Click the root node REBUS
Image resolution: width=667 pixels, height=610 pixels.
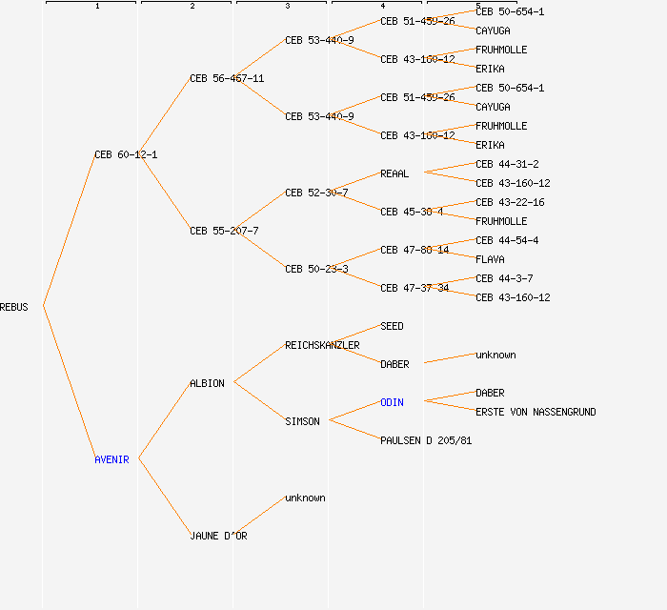pyautogui.click(x=14, y=307)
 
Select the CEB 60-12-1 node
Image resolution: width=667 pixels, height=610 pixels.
pyautogui.click(x=126, y=154)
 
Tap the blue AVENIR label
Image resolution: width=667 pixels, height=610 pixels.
pyautogui.click(x=111, y=459)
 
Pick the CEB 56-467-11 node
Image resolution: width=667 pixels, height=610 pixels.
pyautogui.click(x=227, y=78)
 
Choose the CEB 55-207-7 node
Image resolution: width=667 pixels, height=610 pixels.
pyautogui.click(x=224, y=231)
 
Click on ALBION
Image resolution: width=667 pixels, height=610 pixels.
pyautogui.click(x=207, y=383)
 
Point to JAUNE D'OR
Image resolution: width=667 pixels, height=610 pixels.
pyautogui.click(x=218, y=536)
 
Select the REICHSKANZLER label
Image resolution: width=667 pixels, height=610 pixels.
pyautogui.click(x=322, y=345)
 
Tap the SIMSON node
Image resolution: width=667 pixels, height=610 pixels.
pyautogui.click(x=302, y=421)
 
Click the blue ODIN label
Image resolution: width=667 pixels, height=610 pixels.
pyautogui.click(x=392, y=402)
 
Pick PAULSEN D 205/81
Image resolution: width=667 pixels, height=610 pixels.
pyautogui.click(x=426, y=440)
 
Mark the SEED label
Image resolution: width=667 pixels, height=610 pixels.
pyautogui.click(x=392, y=326)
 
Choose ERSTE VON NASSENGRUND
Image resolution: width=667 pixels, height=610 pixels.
pyautogui.click(x=536, y=412)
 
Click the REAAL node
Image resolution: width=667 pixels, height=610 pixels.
pyautogui.click(x=394, y=173)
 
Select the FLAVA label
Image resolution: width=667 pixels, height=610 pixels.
pyautogui.click(x=490, y=259)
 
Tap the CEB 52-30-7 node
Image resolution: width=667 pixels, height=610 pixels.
pyautogui.click(x=316, y=193)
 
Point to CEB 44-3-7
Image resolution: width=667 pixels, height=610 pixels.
pyautogui.click(x=504, y=278)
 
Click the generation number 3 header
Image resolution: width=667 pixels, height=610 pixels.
pyautogui.click(x=287, y=7)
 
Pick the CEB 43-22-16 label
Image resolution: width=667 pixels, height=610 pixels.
pyautogui.click(x=510, y=202)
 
